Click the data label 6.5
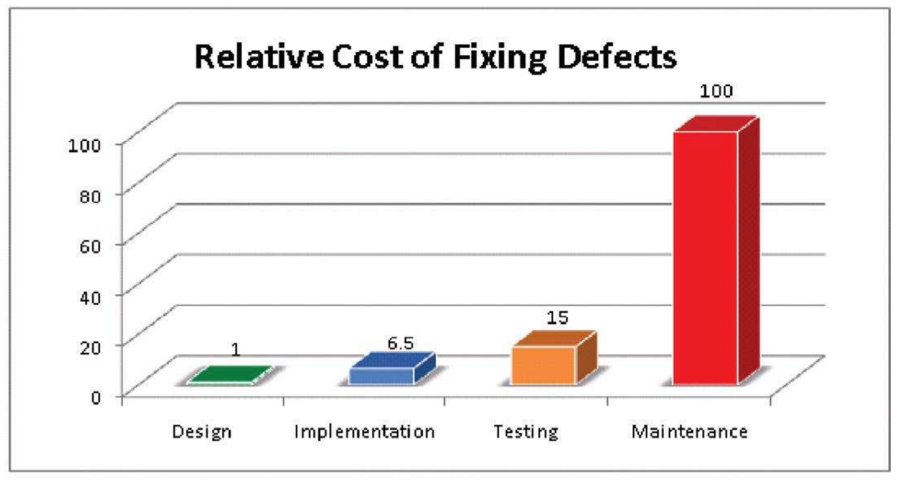pos(400,343)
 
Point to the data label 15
pos(557,318)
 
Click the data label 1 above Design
pos(235,350)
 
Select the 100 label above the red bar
pos(715,91)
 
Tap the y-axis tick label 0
pos(96,397)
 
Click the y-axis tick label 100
pos(85,145)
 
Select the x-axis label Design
pos(202,432)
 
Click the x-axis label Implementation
pos(364,432)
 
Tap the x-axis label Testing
pos(526,432)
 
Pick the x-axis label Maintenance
pos(689,432)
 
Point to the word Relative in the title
pos(259,56)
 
